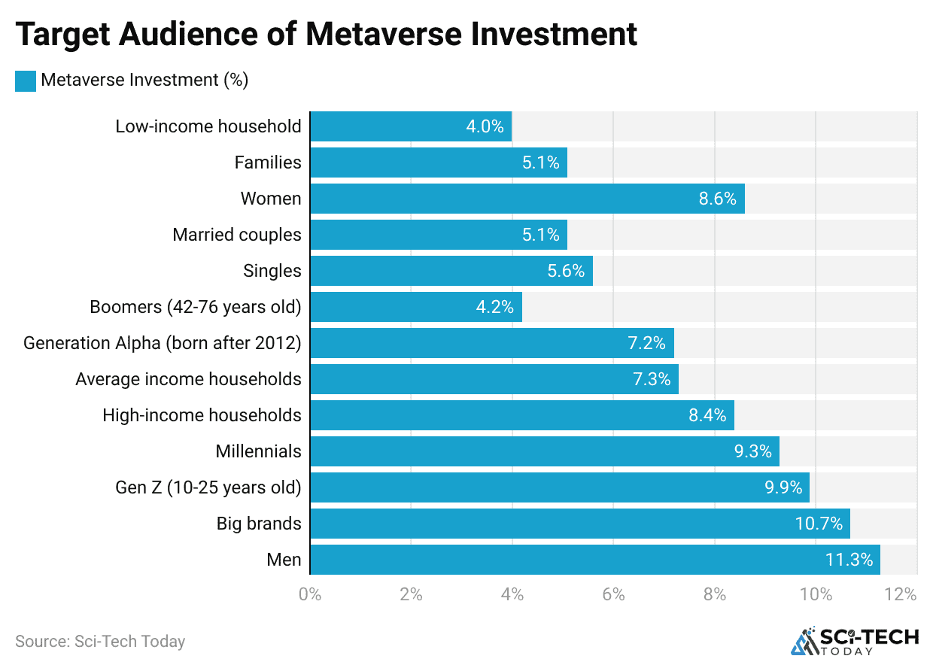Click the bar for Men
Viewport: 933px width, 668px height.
point(594,560)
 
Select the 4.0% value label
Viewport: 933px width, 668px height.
point(485,126)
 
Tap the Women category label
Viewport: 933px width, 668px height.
point(271,199)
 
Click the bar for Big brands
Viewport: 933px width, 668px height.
point(579,524)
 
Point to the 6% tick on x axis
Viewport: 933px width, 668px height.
point(613,594)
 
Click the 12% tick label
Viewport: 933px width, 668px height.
point(901,594)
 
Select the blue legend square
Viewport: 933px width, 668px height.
point(26,80)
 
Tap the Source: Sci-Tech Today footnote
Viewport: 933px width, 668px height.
point(100,642)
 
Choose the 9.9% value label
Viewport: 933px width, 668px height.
point(783,487)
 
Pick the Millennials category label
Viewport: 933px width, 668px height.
point(258,451)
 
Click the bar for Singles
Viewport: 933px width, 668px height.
point(451,271)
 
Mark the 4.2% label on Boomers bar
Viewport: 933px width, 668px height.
point(494,307)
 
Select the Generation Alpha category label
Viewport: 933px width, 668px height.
point(163,343)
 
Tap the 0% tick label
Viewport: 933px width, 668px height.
point(310,594)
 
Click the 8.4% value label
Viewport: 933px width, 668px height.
point(707,415)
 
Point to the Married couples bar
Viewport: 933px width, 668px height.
point(438,235)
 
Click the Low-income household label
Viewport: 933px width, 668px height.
point(208,126)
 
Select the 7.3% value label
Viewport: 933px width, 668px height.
point(652,379)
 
